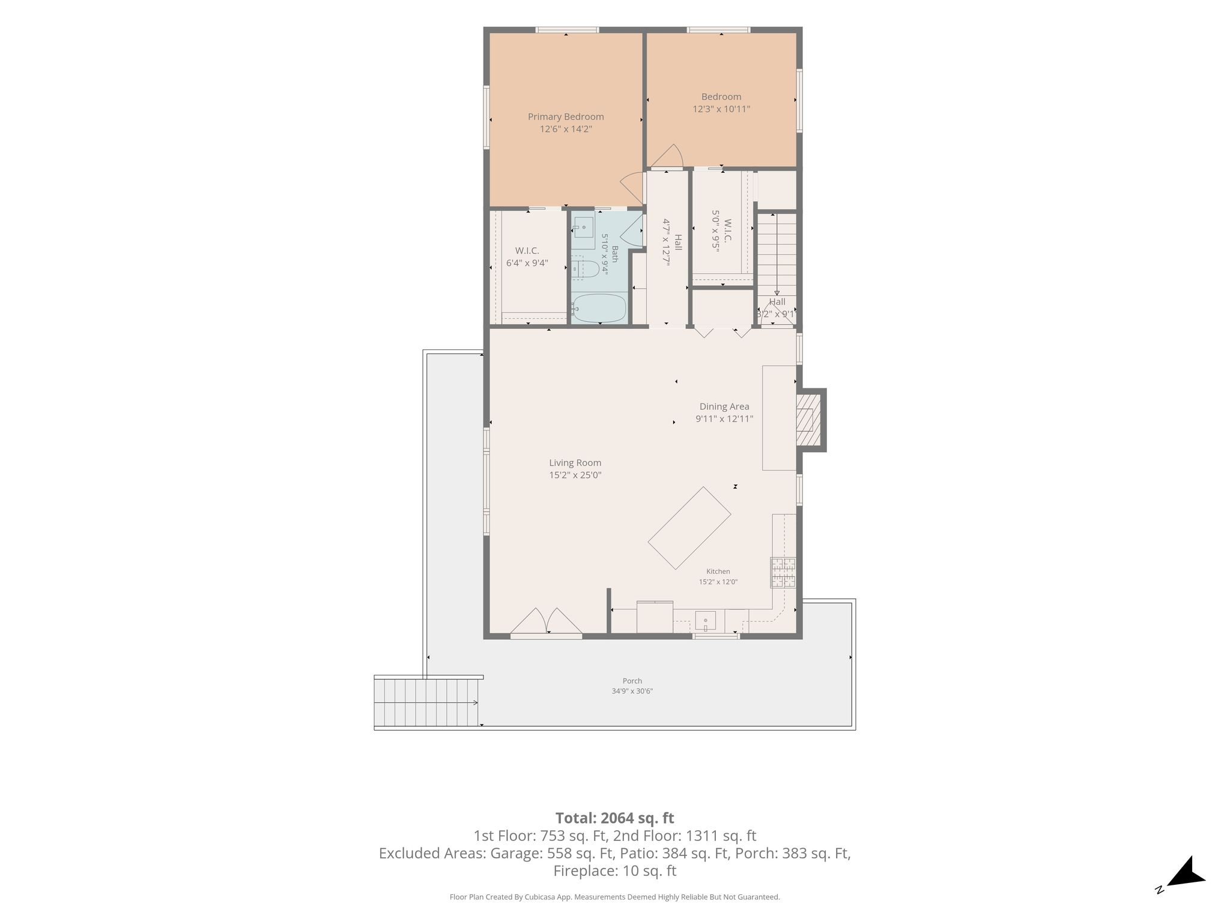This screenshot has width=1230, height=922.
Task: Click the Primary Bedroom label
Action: [566, 116]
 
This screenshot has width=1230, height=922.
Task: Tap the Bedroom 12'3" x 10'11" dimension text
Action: [721, 109]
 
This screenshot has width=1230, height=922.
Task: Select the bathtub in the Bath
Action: [598, 309]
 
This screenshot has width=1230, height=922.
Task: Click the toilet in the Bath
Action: [584, 268]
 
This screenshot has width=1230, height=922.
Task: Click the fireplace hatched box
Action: [808, 420]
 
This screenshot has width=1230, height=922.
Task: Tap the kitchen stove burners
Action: [783, 573]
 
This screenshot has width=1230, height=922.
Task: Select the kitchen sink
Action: [705, 621]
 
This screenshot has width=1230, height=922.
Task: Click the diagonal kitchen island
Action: [689, 528]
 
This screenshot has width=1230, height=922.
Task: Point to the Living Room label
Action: [575, 463]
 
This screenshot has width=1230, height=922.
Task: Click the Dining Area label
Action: [724, 406]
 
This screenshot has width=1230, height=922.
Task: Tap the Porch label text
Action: [632, 681]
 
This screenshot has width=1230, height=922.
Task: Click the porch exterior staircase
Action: [428, 702]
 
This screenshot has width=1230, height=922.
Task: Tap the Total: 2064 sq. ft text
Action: [614, 818]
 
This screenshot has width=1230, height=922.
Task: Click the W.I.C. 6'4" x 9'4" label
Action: [527, 256]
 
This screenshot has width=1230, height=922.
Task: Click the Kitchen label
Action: [718, 571]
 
